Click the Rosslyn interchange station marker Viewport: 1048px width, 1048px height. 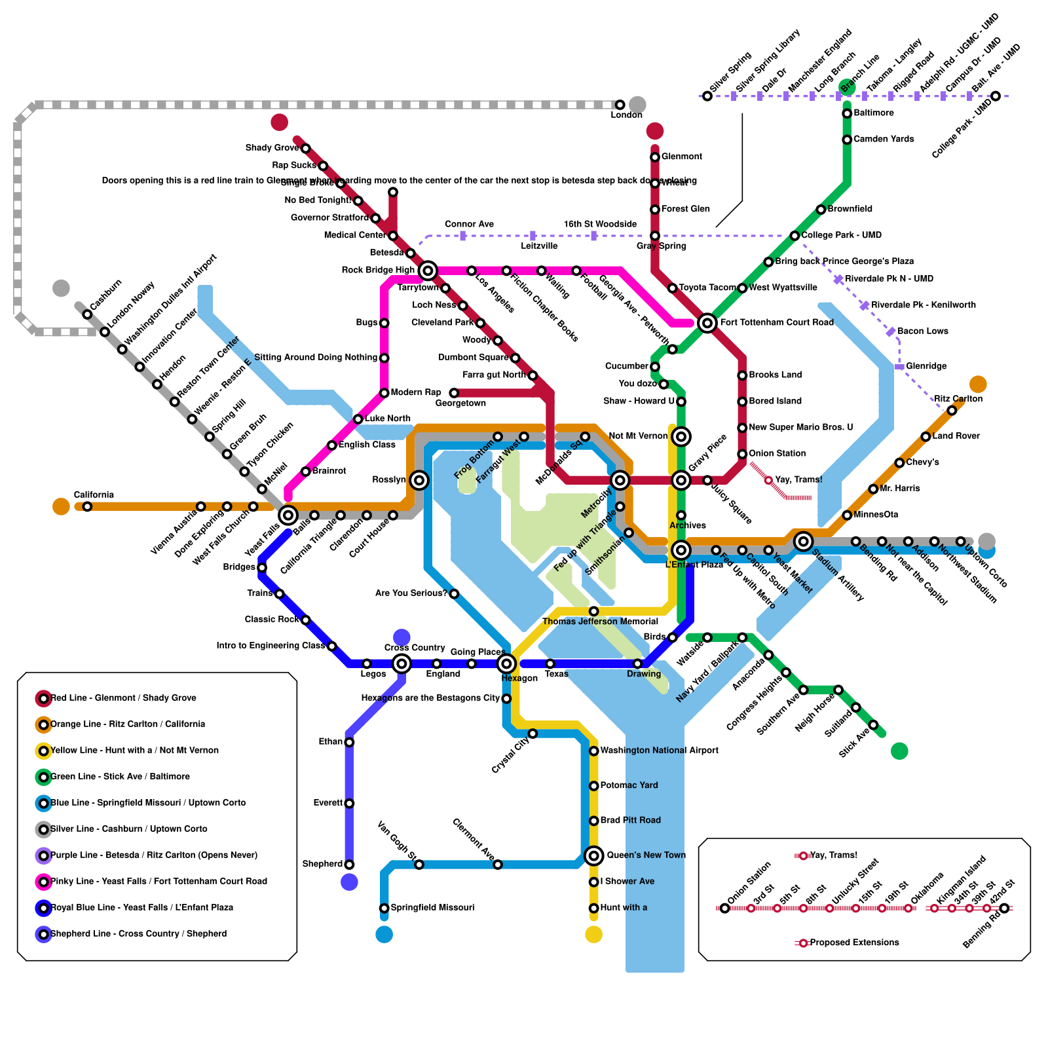point(419,480)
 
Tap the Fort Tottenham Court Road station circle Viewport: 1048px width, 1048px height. point(707,322)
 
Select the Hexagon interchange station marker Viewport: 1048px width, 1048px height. point(506,664)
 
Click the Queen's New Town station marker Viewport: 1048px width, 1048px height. point(593,855)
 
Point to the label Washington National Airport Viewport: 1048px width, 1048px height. point(659,751)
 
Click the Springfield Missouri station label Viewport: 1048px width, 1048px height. point(432,908)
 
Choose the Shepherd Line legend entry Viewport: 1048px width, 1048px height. point(138,934)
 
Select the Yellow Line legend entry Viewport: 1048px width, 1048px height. point(134,751)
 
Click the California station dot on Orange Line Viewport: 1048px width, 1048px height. point(87,506)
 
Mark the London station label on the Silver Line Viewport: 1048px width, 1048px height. point(626,115)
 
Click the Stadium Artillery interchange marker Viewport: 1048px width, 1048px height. point(803,541)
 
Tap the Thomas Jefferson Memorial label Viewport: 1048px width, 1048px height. point(600,622)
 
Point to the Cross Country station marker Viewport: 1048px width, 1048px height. point(402,664)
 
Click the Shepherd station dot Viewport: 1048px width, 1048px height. point(349,865)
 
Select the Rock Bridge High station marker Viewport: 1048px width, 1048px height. point(428,270)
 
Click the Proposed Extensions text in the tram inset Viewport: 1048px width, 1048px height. point(854,943)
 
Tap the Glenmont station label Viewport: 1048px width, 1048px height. point(681,157)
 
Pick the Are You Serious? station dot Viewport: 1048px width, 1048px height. point(454,594)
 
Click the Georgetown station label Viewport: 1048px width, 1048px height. point(460,403)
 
